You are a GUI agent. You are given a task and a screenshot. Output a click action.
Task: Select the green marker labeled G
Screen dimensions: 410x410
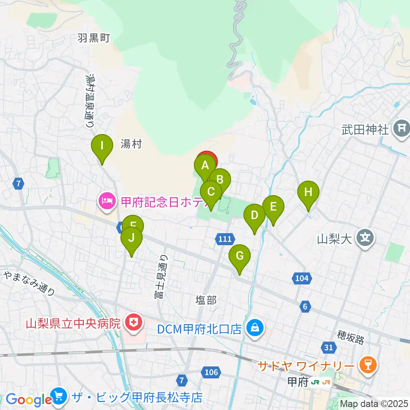pos(240,256)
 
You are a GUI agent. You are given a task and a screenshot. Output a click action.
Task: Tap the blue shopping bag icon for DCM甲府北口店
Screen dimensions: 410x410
pos(255,329)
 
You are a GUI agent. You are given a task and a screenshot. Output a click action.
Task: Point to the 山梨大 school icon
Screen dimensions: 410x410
pos(366,237)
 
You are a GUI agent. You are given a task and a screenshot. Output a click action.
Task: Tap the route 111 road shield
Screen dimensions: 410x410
pos(225,240)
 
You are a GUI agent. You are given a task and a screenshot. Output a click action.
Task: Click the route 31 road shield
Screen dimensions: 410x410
pos(328,348)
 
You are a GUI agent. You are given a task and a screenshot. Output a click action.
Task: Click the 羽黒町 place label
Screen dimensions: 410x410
pos(94,38)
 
